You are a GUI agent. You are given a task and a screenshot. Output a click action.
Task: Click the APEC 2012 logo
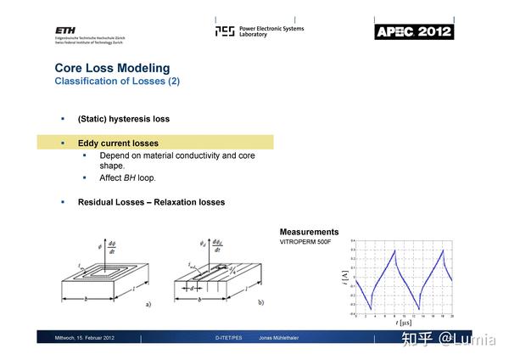pyautogui.click(x=414, y=32)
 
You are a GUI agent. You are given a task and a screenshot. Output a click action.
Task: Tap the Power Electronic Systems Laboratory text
pyautogui.click(x=271, y=31)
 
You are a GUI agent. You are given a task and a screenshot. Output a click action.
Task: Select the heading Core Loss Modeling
pyautogui.click(x=112, y=68)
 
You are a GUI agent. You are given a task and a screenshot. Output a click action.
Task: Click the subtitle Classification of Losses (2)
pyautogui.click(x=117, y=82)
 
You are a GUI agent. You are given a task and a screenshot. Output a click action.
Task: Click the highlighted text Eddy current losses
pyautogui.click(x=118, y=143)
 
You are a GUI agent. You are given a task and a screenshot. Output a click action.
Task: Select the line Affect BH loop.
pyautogui.click(x=128, y=178)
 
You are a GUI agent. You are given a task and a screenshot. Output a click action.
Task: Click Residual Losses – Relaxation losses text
pyautogui.click(x=151, y=202)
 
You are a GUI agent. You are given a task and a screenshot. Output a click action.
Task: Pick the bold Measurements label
pyautogui.click(x=309, y=232)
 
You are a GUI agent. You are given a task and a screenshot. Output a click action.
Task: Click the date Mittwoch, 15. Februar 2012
pyautogui.click(x=84, y=338)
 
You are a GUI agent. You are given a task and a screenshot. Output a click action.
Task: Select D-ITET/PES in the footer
pyautogui.click(x=230, y=338)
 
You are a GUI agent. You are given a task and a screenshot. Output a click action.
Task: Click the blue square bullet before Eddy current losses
pyautogui.click(x=62, y=143)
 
